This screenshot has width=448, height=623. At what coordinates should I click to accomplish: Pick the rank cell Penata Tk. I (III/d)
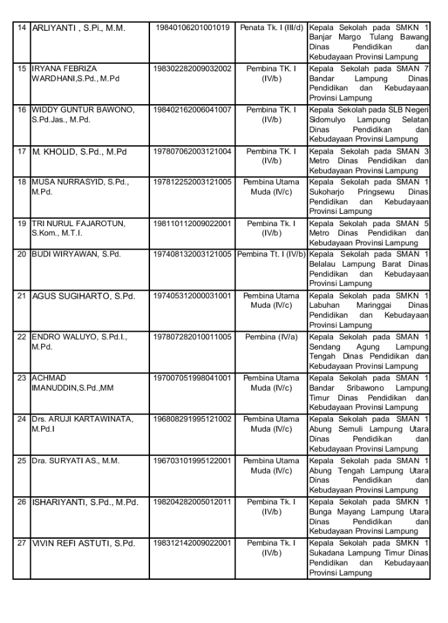[271, 27]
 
